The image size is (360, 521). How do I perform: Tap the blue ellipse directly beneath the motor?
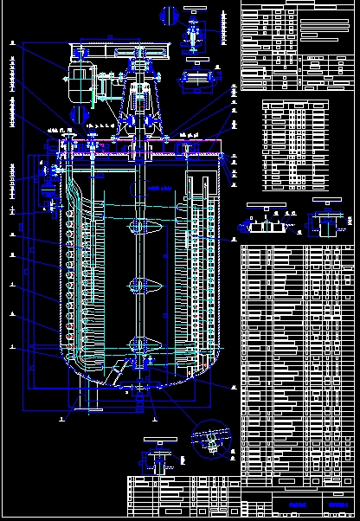click(x=80, y=113)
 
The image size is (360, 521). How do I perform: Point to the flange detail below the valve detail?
click(x=198, y=80)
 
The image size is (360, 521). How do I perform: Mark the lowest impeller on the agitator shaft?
click(x=138, y=344)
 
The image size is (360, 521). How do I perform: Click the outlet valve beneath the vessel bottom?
click(x=138, y=389)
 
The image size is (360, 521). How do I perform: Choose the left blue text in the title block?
click(x=299, y=504)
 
